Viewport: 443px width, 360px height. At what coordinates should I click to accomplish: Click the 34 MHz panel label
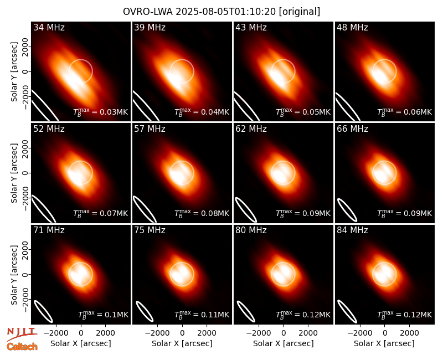[x=49, y=27]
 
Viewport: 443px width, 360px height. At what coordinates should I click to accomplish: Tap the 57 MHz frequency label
[x=150, y=129]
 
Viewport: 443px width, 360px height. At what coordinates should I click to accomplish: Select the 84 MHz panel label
[x=352, y=230]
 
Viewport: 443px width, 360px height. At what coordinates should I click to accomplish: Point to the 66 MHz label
[x=352, y=129]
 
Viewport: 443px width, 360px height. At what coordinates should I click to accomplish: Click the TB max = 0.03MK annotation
[x=101, y=112]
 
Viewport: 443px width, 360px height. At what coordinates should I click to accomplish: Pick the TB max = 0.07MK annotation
[x=101, y=213]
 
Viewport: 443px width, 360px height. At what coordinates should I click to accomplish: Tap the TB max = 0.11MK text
[x=202, y=315]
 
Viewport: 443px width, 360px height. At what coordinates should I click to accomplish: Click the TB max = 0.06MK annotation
[x=405, y=112]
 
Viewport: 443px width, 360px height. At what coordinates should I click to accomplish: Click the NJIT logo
[x=22, y=334]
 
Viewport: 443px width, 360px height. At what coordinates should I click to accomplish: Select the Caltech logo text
[x=22, y=347]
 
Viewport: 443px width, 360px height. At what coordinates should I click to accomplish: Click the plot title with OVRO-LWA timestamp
[x=221, y=12]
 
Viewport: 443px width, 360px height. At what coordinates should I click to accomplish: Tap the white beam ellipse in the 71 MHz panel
[x=44, y=311]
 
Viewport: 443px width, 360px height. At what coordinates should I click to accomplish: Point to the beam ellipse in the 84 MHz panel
[x=347, y=311]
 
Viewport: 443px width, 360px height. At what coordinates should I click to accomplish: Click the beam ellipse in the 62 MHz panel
[x=246, y=210]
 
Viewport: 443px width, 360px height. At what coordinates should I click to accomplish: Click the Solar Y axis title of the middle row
[x=14, y=173]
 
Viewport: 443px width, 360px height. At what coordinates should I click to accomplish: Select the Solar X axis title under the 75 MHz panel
[x=182, y=343]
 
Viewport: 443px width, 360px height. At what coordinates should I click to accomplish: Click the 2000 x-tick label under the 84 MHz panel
[x=409, y=333]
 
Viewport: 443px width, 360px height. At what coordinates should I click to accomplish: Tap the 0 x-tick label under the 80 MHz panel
[x=284, y=333]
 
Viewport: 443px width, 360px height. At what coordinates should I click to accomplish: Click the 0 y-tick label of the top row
[x=26, y=71]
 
